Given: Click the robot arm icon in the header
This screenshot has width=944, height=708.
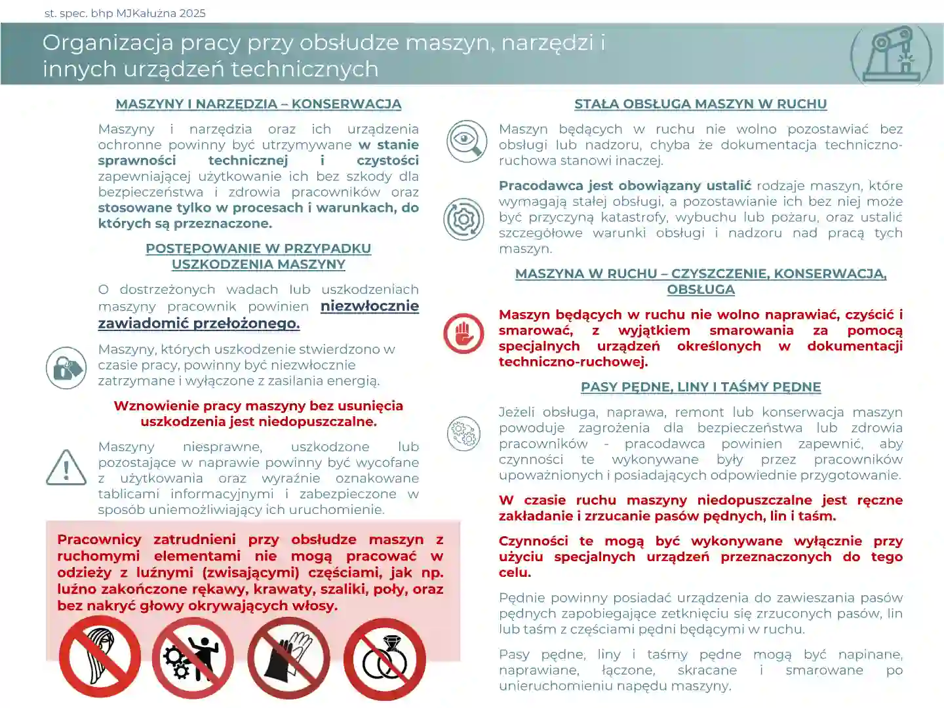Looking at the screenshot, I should click(891, 56).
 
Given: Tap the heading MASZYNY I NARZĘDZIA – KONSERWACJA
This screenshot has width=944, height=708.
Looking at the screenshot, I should click(258, 104).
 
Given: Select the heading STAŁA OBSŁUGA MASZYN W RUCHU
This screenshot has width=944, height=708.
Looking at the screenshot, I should click(700, 104).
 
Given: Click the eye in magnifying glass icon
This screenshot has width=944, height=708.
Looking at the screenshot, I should click(466, 141).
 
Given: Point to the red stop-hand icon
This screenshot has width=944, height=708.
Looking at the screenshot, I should click(463, 333).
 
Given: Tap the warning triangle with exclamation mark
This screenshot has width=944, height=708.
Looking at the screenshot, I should click(66, 468).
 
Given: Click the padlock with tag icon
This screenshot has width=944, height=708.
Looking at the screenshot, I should click(66, 368).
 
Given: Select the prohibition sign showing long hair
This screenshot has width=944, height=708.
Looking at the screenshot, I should click(100, 657).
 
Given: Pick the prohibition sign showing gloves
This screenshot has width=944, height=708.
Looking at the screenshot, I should click(288, 657).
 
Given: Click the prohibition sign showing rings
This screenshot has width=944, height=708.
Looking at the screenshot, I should click(385, 658).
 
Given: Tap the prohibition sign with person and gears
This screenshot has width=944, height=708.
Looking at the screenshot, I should click(193, 657).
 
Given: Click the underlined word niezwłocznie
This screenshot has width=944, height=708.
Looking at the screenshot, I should click(370, 306).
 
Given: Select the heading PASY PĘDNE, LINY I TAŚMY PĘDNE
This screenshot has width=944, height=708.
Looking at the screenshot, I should click(700, 387).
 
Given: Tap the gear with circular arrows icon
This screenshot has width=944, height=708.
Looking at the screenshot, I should click(463, 219).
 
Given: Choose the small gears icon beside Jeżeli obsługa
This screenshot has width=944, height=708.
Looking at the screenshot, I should click(463, 433).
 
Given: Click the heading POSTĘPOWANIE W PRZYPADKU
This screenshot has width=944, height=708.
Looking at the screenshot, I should click(258, 249).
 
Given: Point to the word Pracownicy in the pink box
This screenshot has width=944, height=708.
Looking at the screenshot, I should click(99, 540).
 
